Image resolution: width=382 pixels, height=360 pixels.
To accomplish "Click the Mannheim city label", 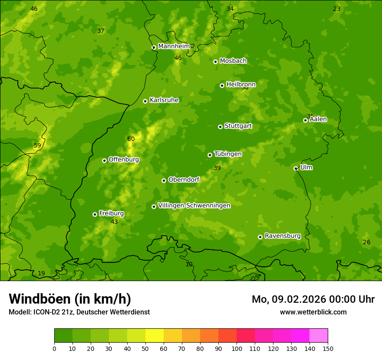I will [x=174, y=46].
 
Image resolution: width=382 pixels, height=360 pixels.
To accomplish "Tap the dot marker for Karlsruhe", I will [x=145, y=101].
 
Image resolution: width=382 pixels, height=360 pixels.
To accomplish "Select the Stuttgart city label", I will [x=238, y=126].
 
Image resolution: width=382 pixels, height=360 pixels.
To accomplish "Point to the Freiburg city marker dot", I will [x=95, y=214].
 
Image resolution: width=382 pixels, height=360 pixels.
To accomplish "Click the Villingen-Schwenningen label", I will [x=194, y=206].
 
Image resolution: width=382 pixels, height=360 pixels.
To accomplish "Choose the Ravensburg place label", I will [x=282, y=236].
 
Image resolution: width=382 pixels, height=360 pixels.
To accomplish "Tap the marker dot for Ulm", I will [x=296, y=168].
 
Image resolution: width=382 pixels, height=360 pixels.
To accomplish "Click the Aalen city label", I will [x=318, y=119].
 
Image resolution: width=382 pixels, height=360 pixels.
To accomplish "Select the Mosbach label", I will [x=233, y=61].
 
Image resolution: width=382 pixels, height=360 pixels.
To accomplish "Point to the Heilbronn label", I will [x=240, y=84].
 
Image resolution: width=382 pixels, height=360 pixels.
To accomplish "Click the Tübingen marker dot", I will [x=210, y=155].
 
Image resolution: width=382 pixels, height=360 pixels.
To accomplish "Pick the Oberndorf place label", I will [x=184, y=180].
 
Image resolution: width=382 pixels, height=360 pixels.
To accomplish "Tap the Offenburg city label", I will [x=123, y=160].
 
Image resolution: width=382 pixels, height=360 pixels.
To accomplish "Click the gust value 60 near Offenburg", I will [x=131, y=139].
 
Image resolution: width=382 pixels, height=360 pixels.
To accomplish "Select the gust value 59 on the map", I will [x=37, y=145].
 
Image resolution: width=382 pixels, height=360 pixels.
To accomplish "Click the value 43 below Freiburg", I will [x=114, y=222].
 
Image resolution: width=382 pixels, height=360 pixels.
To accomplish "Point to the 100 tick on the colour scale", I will [x=237, y=348].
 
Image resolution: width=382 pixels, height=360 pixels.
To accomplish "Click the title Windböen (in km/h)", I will [x=70, y=299].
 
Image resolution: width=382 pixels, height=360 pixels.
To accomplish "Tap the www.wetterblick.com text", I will [x=313, y=312].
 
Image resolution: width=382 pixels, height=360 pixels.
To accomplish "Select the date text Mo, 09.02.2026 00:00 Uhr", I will [x=313, y=299].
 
